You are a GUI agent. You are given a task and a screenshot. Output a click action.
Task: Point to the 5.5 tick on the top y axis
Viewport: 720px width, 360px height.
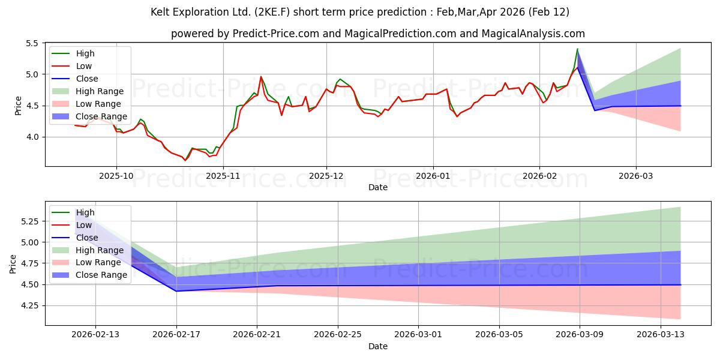tap(32, 43)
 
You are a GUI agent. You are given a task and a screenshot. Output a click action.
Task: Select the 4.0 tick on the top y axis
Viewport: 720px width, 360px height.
tap(32, 137)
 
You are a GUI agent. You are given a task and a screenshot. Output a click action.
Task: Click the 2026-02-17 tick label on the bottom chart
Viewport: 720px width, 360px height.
tap(176, 335)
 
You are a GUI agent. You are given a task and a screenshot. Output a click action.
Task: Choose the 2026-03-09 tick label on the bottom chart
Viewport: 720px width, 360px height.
tap(580, 335)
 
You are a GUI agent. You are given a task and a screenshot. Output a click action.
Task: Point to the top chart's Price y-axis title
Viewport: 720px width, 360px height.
tap(18, 106)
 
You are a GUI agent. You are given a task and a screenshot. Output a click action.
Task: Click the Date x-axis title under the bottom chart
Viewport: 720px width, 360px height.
tap(378, 346)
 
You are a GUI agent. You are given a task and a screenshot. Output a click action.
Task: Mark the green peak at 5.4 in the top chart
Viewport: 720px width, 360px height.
tap(577, 49)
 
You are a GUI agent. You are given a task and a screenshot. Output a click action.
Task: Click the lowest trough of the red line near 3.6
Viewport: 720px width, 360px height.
tap(185, 160)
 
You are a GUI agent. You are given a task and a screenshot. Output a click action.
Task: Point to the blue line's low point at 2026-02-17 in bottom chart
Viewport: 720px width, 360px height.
tap(176, 291)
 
